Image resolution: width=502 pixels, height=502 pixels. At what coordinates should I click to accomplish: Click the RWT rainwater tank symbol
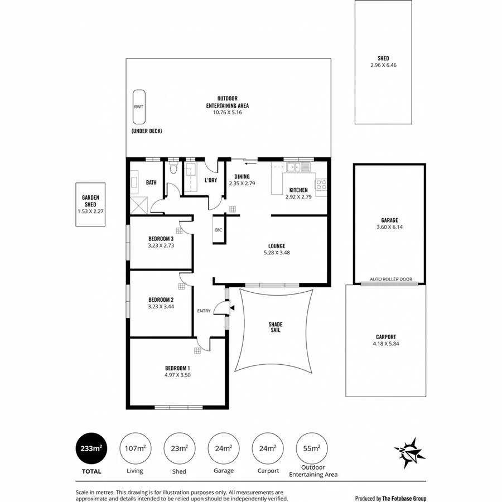pyautogui.click(x=138, y=107)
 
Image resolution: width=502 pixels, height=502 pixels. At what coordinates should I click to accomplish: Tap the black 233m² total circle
pyautogui.click(x=91, y=449)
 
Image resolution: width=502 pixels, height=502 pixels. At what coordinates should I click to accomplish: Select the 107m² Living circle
pyautogui.click(x=134, y=449)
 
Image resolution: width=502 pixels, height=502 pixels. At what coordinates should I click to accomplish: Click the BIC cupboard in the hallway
pyautogui.click(x=218, y=230)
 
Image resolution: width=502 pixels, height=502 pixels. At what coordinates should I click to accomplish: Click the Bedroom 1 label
pyautogui.click(x=177, y=368)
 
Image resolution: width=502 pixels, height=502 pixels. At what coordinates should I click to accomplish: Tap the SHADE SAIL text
pyautogui.click(x=276, y=327)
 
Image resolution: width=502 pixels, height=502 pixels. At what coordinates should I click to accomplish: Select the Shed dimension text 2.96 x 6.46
pyautogui.click(x=383, y=65)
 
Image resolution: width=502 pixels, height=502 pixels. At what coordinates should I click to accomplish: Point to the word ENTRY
pyautogui.click(x=204, y=311)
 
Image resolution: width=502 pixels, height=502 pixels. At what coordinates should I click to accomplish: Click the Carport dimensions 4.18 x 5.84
pyautogui.click(x=385, y=344)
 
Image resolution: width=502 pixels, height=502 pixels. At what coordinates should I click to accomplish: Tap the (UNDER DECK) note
pyautogui.click(x=147, y=131)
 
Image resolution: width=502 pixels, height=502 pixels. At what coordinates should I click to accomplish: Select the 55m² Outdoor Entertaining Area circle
pyautogui.click(x=312, y=449)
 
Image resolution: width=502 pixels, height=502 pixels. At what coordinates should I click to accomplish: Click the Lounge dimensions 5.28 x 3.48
pyautogui.click(x=276, y=253)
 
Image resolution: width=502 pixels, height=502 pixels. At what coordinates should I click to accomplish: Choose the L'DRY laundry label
pyautogui.click(x=211, y=180)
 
